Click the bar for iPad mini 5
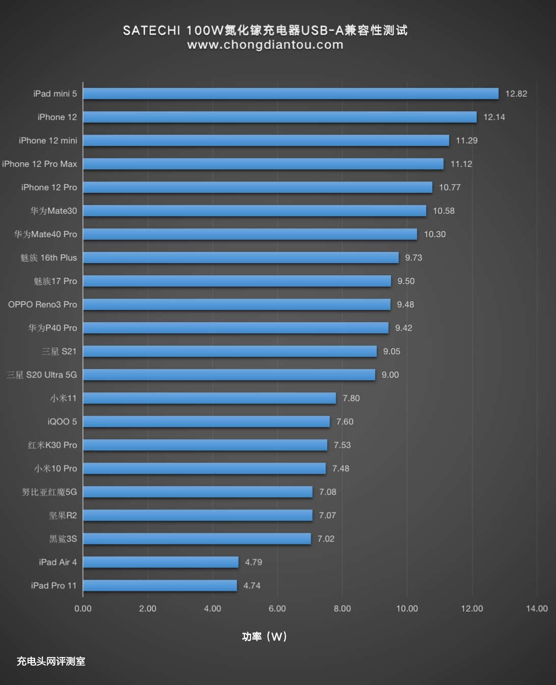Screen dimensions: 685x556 (291, 94)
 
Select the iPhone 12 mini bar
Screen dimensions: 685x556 (266, 140)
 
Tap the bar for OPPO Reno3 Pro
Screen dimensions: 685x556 (237, 304)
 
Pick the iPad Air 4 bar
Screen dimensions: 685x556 (160, 562)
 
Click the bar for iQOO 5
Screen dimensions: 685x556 (206, 421)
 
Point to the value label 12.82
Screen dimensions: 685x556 (516, 94)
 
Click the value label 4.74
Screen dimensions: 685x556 (252, 585)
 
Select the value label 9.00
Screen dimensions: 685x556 (390, 375)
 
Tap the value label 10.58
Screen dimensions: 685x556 (443, 211)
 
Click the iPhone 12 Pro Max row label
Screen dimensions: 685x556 (40, 164)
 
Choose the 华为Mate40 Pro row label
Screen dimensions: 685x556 (46, 234)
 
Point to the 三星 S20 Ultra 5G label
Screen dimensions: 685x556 (42, 375)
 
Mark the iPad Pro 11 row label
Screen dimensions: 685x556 (53, 585)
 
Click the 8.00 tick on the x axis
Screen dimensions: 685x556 (342, 608)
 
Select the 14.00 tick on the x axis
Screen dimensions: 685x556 (537, 608)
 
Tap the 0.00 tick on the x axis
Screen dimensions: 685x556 (83, 608)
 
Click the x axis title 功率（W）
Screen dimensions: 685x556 (264, 637)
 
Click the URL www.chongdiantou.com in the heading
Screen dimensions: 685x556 (265, 45)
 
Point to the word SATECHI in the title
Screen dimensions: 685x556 (152, 31)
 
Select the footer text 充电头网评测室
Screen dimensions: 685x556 (51, 661)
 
